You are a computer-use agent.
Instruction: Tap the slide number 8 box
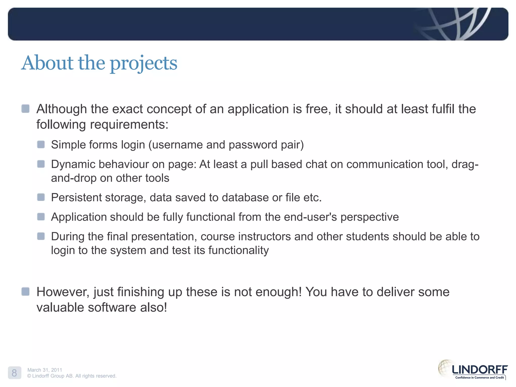(x=14, y=373)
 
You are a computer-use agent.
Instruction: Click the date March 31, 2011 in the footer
(x=45, y=370)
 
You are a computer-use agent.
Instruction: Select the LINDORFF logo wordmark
(x=479, y=370)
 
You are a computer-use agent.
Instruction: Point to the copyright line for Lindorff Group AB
(x=72, y=376)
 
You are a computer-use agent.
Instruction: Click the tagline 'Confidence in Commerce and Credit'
(x=479, y=377)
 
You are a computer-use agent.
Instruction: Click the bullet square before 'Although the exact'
(x=25, y=109)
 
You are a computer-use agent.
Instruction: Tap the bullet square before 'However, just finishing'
(x=25, y=292)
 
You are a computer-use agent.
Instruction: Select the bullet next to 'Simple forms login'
(x=41, y=145)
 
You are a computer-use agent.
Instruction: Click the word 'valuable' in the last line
(x=60, y=307)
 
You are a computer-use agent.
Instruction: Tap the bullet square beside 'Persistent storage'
(x=41, y=197)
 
